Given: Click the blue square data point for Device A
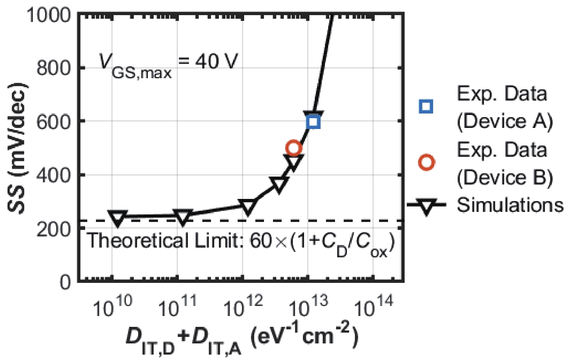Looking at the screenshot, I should pos(313,122).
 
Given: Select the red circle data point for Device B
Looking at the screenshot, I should pos(294,148).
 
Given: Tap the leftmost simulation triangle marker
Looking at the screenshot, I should pos(118,217).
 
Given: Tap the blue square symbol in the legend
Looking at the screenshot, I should pos(426,106).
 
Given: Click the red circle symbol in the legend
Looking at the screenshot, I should pos(426,163).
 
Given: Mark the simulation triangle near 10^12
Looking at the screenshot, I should pos(247,206).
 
